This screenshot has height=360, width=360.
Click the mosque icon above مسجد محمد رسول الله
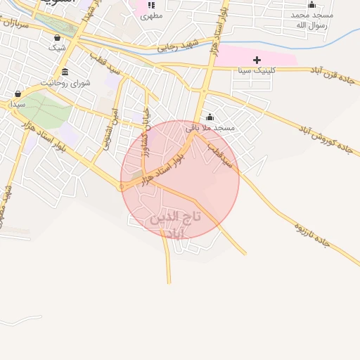311,4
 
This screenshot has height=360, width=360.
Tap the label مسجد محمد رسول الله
311,19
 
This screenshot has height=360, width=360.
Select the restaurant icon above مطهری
150,5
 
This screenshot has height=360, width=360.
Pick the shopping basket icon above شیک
57,37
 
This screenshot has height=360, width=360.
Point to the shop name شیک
57,48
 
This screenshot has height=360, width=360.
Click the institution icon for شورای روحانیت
65,72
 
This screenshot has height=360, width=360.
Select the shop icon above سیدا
18,94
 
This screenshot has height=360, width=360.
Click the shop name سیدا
18,104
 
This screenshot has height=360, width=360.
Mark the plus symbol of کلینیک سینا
257,60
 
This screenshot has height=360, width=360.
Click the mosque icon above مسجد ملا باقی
210,117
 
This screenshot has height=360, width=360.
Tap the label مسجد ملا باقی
210,128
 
